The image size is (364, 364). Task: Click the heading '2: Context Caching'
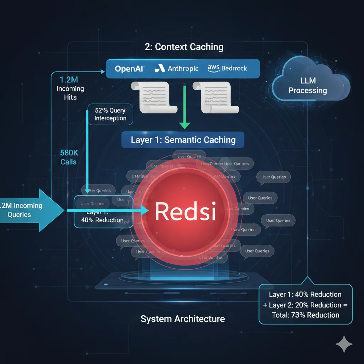184,47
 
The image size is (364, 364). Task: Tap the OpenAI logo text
129,69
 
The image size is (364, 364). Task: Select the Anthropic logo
177,69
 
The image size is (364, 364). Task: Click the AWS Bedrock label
227,68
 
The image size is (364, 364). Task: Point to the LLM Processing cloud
307,86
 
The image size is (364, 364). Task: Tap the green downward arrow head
184,125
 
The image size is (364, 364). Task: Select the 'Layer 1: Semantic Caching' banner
183,140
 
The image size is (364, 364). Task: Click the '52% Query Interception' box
110,114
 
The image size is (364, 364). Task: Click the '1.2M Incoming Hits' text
70,89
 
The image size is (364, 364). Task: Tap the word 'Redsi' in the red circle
185,211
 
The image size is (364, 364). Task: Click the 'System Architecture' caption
183,318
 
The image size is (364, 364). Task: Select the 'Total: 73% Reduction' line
305,315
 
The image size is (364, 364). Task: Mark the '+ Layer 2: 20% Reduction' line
305,305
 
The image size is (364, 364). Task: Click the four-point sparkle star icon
344,344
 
